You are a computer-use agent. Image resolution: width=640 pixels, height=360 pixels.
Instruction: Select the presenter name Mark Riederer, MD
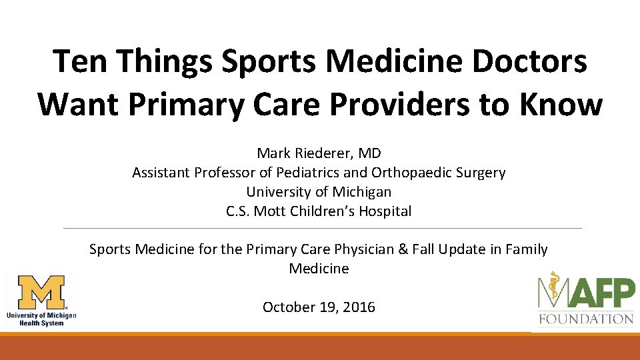pyautogui.click(x=319, y=153)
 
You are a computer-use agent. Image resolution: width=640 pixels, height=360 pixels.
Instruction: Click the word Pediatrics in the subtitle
pyautogui.click(x=310, y=173)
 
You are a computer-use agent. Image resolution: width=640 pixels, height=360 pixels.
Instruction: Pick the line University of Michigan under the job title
pyautogui.click(x=319, y=192)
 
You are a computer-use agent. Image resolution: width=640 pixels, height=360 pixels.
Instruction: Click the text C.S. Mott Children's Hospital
pyautogui.click(x=319, y=211)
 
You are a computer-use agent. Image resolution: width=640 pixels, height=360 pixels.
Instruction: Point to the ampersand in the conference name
pyautogui.click(x=402, y=249)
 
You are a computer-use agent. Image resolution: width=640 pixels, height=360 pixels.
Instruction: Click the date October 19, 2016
pyautogui.click(x=319, y=307)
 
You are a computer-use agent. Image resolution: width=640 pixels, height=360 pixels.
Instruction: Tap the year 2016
pyautogui.click(x=359, y=307)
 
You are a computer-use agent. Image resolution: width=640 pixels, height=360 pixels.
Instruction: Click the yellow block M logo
pyautogui.click(x=41, y=293)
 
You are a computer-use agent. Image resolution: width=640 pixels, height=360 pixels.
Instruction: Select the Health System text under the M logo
pyautogui.click(x=41, y=323)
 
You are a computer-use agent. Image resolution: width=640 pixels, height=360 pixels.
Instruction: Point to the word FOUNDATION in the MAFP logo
pyautogui.click(x=586, y=319)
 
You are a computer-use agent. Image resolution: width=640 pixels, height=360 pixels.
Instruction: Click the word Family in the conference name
pyautogui.click(x=524, y=249)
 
